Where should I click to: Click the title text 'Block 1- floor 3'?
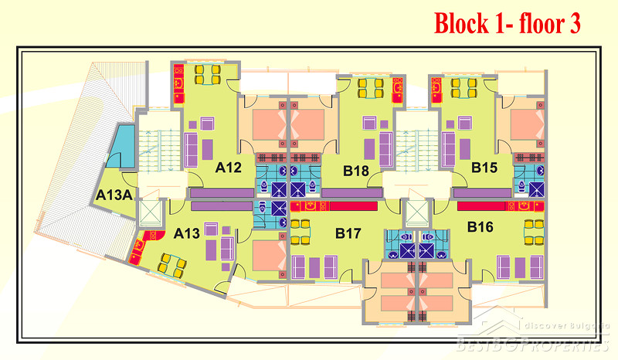(507, 23)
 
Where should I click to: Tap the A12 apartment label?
(229, 167)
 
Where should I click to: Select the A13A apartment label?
(114, 195)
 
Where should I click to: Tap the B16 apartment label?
(481, 227)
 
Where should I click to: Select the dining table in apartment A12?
(207, 75)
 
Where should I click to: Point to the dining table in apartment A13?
(171, 264)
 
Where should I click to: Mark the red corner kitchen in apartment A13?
(141, 249)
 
